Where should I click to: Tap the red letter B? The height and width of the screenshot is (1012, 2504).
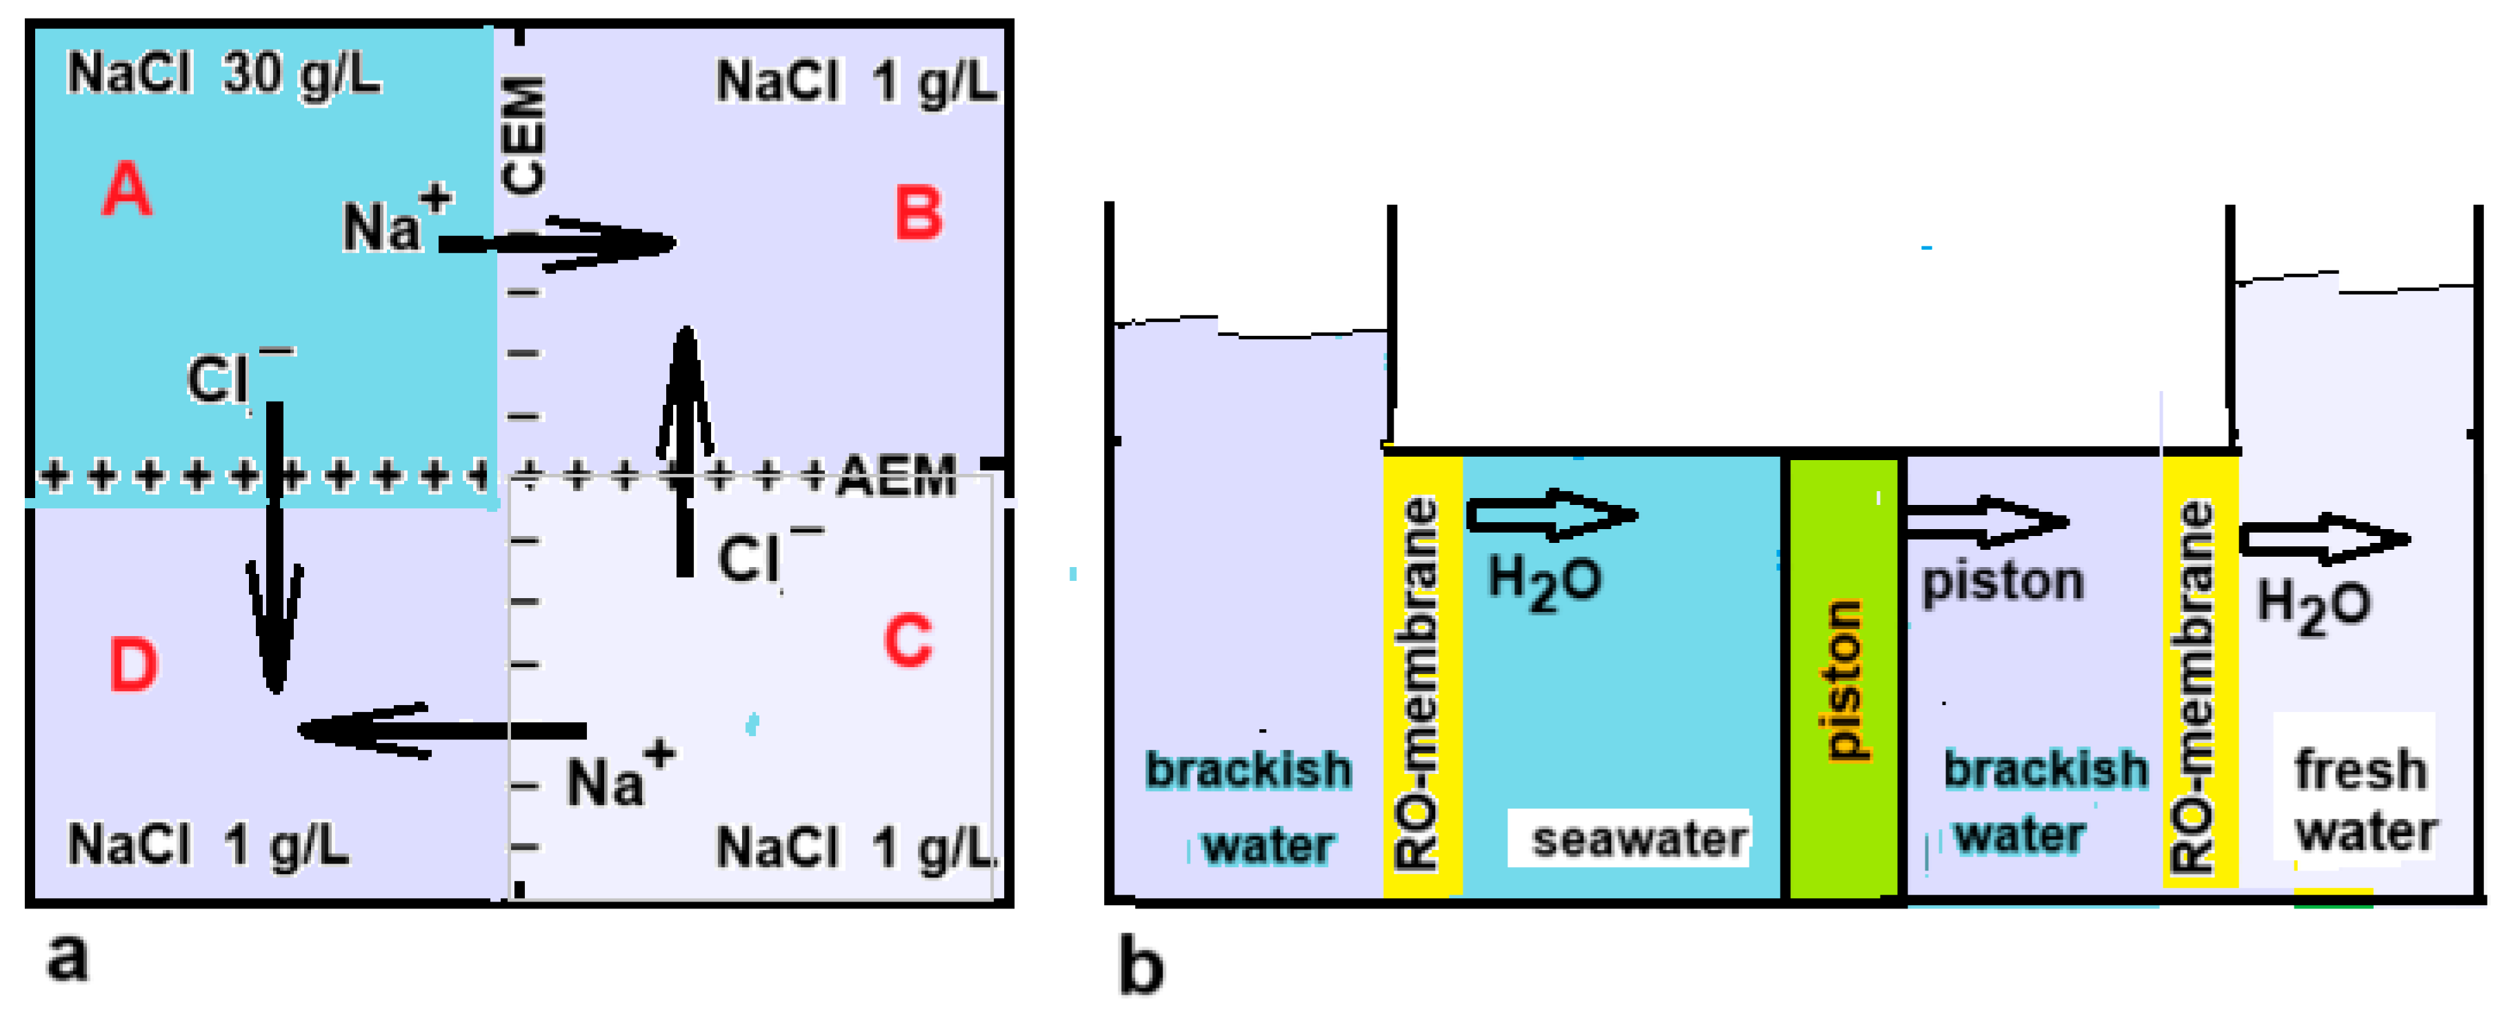point(919,213)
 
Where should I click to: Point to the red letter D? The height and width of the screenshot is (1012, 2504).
point(133,665)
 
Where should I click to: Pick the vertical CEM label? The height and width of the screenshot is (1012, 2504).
point(523,135)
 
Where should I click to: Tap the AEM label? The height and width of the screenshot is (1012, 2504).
point(897,477)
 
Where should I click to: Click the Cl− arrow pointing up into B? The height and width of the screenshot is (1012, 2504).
point(685,447)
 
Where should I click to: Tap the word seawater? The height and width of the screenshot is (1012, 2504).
point(1639,839)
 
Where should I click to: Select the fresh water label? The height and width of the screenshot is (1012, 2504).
point(2364,800)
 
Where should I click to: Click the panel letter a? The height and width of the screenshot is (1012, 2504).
point(67,957)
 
